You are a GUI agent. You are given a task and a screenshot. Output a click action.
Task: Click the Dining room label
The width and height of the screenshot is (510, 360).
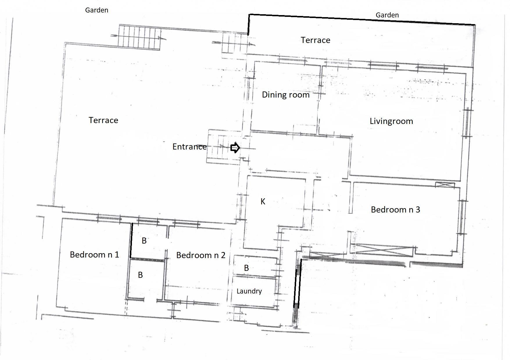[x=286, y=95]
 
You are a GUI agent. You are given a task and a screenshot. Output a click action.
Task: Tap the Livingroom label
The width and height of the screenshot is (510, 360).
[x=391, y=121]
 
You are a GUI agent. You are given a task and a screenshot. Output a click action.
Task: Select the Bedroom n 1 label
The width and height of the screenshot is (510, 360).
[x=94, y=255]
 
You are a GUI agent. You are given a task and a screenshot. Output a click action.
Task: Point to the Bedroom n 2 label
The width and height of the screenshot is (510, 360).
[x=201, y=255]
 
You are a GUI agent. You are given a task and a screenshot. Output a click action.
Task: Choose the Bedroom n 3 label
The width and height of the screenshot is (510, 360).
[x=396, y=210]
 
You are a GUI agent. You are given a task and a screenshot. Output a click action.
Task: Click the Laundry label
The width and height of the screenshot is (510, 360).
[x=249, y=291]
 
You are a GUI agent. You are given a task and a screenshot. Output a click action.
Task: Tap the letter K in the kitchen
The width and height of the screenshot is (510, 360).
[x=263, y=201]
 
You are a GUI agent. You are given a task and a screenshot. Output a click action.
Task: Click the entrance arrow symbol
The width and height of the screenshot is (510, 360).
[x=235, y=148]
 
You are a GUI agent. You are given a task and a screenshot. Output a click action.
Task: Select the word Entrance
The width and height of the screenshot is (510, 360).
[x=189, y=147]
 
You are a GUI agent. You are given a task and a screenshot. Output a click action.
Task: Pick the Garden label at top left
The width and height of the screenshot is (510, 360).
[x=96, y=10]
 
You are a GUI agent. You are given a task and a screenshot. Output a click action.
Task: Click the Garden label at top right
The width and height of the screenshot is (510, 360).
[x=387, y=15]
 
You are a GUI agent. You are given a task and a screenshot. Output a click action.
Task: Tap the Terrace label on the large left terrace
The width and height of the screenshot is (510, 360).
[x=103, y=120]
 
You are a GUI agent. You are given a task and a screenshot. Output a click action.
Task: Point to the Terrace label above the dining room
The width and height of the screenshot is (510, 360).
[x=315, y=40]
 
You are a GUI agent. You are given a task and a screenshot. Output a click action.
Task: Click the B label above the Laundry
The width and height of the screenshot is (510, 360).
[x=246, y=268]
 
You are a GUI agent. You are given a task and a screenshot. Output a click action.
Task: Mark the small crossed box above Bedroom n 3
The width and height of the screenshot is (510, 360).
[x=445, y=185]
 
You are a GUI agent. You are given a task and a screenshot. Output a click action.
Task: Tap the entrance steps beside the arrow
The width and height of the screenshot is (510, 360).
[x=224, y=146]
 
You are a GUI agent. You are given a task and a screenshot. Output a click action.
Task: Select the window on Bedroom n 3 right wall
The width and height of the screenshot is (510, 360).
[x=462, y=217]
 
